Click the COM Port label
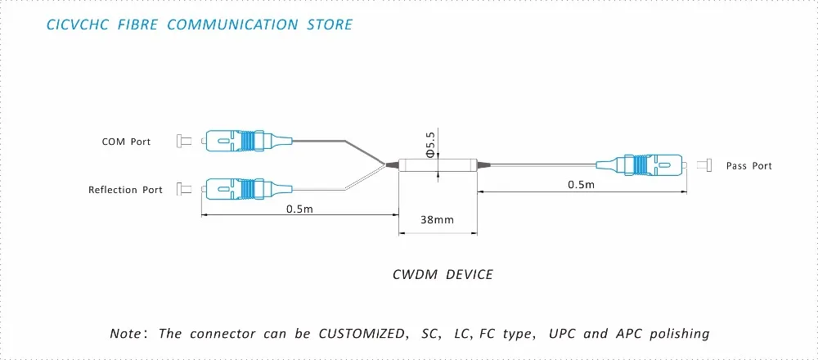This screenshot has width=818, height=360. click(126, 142)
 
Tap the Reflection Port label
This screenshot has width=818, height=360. click(125, 189)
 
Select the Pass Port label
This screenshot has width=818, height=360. click(748, 166)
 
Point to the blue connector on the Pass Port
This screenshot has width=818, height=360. click(641, 164)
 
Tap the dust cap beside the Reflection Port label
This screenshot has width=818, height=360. click(184, 188)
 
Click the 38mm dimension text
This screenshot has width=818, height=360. click(437, 219)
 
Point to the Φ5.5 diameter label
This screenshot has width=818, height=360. click(431, 145)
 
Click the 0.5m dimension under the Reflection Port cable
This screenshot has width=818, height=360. click(299, 209)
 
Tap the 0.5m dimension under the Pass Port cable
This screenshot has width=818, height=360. click(582, 185)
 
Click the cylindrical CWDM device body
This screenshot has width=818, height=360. click(438, 165)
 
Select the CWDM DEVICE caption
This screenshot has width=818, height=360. click(443, 274)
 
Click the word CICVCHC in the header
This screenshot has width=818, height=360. click(77, 25)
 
